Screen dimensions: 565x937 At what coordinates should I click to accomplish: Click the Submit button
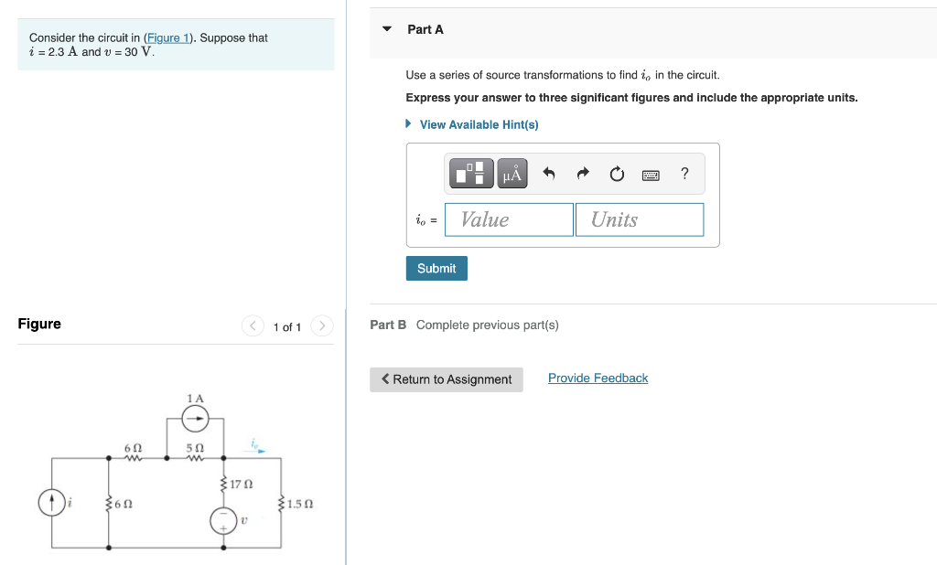pos(436,268)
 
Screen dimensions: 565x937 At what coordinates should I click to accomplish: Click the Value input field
pos(509,219)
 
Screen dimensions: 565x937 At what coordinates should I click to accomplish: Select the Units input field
pos(639,219)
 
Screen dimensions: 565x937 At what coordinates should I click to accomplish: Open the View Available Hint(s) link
pos(478,124)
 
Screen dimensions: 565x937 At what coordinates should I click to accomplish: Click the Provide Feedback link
pos(598,378)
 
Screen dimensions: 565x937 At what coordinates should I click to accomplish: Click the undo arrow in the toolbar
pos(549,174)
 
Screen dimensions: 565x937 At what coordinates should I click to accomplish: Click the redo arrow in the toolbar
pos(583,174)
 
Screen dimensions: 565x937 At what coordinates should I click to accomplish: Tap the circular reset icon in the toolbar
pos(617,174)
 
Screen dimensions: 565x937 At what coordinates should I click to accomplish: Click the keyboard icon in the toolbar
pos(651,174)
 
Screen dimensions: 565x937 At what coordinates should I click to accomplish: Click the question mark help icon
pos(684,174)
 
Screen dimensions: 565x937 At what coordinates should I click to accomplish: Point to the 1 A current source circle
pos(195,419)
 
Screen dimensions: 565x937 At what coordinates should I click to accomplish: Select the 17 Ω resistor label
pos(242,483)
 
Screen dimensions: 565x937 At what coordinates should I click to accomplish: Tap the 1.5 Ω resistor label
pos(301,504)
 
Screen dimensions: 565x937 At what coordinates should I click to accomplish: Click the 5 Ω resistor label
pos(194,448)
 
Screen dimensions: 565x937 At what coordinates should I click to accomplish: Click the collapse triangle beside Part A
pos(387,29)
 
